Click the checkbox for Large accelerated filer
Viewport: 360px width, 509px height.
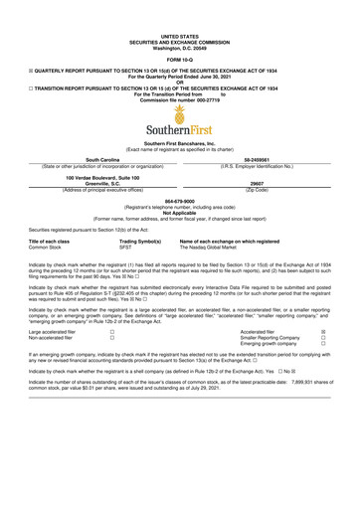[111, 331]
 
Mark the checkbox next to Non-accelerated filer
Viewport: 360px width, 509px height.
[111, 338]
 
